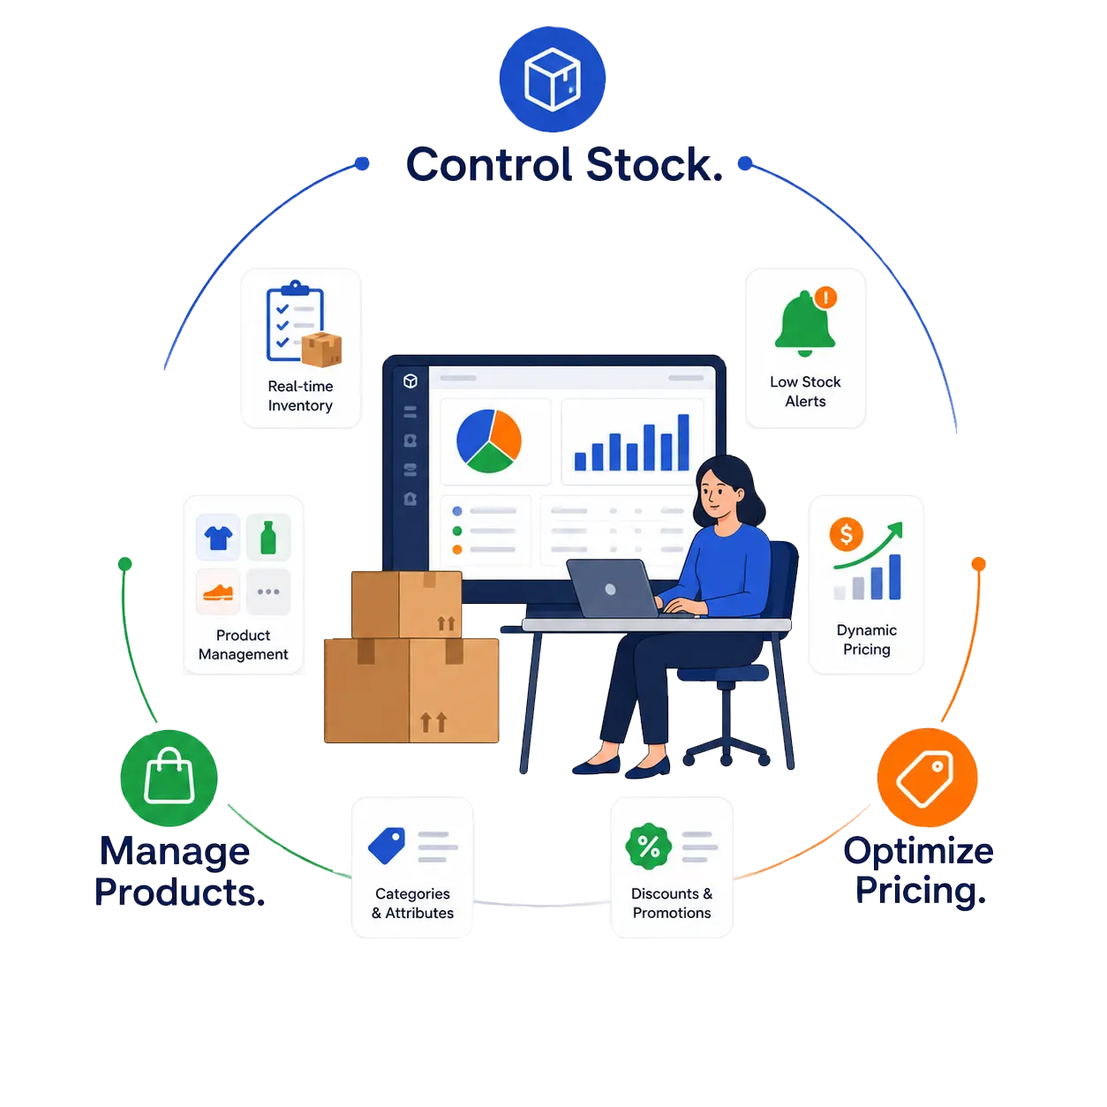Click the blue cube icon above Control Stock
click(x=552, y=79)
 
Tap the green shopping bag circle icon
click(x=169, y=777)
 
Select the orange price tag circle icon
click(x=926, y=777)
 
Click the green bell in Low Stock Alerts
click(x=804, y=323)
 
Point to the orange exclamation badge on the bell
click(x=825, y=297)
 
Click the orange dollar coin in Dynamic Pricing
click(x=845, y=534)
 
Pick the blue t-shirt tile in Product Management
click(x=218, y=538)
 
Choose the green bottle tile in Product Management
click(x=267, y=538)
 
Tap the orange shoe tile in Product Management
click(x=218, y=591)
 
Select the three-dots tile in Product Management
click(x=267, y=591)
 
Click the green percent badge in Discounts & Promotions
click(x=648, y=847)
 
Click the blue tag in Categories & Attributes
click(x=386, y=845)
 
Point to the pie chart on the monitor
click(x=488, y=441)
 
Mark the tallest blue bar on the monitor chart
click(x=683, y=442)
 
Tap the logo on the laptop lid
click(x=610, y=590)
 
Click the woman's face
click(x=717, y=494)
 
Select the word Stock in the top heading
click(x=654, y=165)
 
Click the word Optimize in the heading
click(x=918, y=852)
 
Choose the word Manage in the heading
click(x=175, y=853)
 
